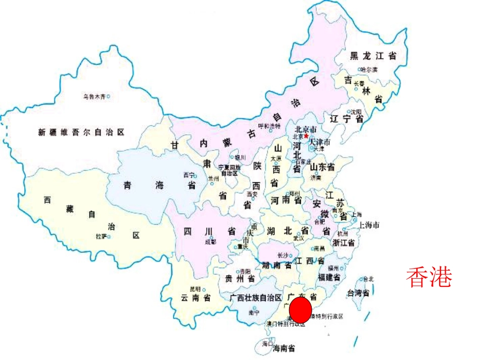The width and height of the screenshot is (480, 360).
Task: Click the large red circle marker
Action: click(x=300, y=310)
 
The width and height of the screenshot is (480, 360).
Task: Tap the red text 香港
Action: click(x=428, y=277)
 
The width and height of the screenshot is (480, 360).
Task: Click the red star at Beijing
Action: click(x=306, y=136)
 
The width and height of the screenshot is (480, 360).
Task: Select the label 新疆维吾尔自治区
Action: click(x=81, y=132)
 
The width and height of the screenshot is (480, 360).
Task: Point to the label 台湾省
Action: click(x=358, y=293)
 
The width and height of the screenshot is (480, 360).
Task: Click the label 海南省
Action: click(x=284, y=348)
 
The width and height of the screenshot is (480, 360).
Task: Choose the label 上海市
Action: click(x=369, y=225)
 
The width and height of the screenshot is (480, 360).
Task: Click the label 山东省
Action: click(x=323, y=167)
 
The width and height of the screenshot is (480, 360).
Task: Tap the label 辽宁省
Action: click(x=347, y=119)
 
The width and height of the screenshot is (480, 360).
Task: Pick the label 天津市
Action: click(x=319, y=142)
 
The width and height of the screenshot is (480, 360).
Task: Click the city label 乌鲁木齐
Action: click(x=94, y=96)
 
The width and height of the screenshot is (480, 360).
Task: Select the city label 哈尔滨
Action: click(x=369, y=70)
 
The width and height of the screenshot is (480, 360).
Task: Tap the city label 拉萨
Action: click(x=102, y=236)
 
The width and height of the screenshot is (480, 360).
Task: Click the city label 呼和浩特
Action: click(x=269, y=126)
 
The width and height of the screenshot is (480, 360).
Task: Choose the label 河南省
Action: click(x=286, y=200)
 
